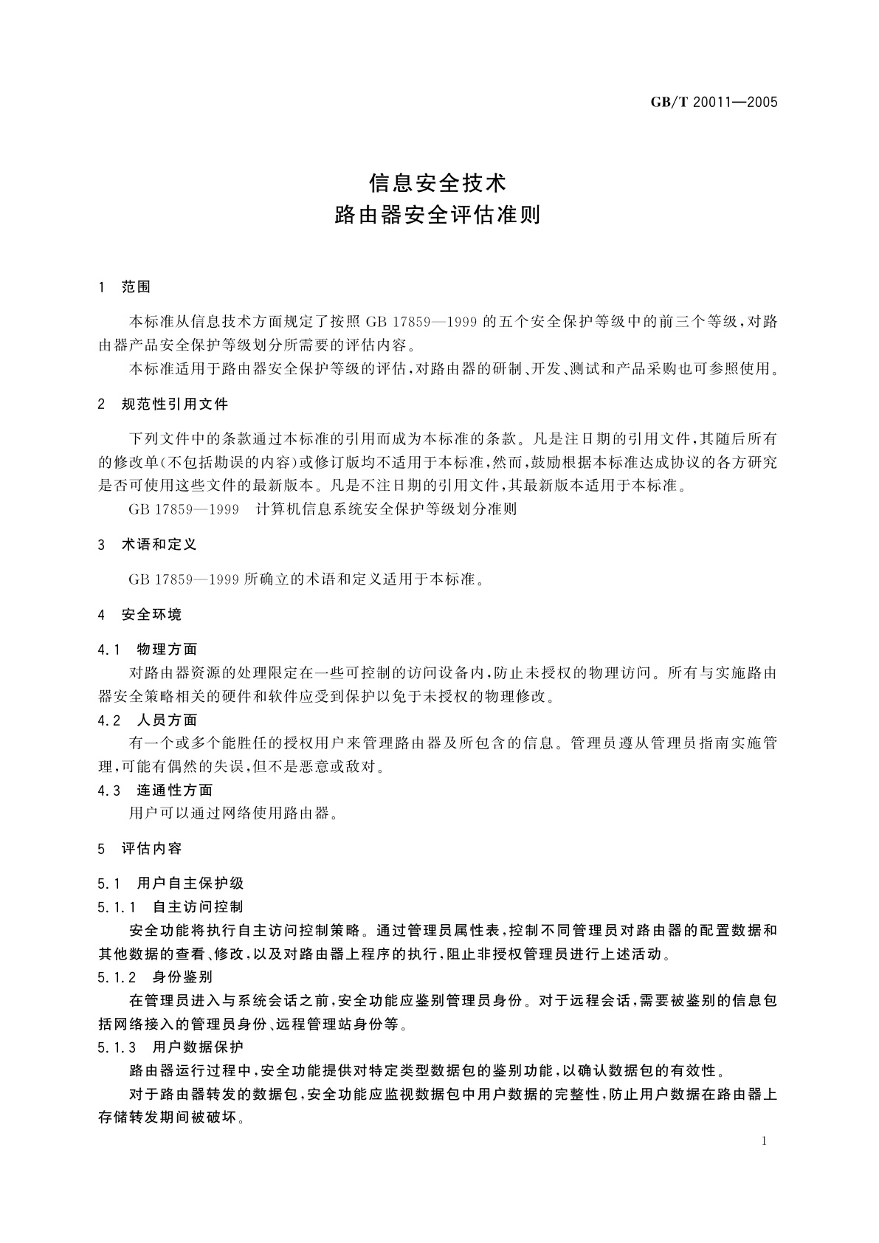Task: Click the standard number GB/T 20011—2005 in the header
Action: [714, 103]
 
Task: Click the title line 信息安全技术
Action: [438, 182]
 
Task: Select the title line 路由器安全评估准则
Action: [438, 215]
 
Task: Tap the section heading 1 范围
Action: [125, 287]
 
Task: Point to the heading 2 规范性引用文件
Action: [163, 404]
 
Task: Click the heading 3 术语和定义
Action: [148, 544]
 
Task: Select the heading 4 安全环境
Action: [140, 614]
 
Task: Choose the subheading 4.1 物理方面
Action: [148, 650]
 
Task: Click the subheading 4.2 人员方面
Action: [148, 720]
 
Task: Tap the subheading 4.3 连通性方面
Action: [156, 790]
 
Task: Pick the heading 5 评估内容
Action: [140, 848]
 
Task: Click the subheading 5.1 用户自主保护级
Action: [170, 883]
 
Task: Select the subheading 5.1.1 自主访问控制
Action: [170, 906]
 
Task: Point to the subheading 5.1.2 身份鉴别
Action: [155, 977]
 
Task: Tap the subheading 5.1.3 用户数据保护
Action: [170, 1047]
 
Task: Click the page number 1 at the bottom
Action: [764, 1141]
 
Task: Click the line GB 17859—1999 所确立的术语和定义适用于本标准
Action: [308, 579]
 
